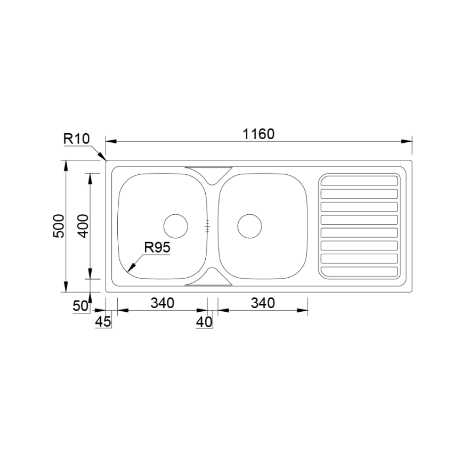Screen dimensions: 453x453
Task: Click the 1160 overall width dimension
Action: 258,134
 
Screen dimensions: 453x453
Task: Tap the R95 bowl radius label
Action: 157,247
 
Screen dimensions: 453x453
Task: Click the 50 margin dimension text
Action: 80,306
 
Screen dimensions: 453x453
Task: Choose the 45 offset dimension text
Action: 103,321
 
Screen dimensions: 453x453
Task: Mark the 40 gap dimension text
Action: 204,321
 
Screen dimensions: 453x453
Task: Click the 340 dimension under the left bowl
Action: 162,303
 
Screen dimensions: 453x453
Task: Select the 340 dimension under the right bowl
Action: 263,303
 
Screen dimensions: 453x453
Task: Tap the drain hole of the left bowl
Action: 175,226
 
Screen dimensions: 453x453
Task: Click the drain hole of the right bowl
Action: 249,226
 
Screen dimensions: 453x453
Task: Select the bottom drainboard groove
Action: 359,272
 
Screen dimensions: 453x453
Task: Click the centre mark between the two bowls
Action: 208,227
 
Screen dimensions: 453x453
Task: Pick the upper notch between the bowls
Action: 208,175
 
